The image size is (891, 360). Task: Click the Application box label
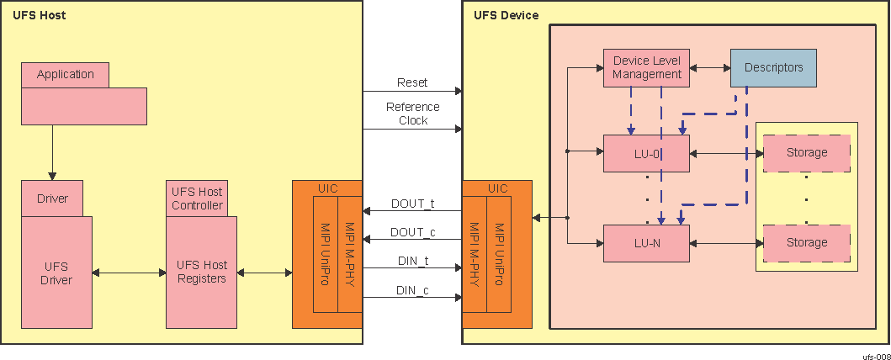click(x=66, y=74)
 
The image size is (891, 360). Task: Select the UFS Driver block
click(x=56, y=273)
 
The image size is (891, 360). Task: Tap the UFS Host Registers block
click(x=201, y=273)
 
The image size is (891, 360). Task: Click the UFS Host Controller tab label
click(x=197, y=199)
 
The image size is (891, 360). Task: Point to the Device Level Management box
click(x=646, y=67)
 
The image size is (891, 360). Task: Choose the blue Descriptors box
click(x=773, y=67)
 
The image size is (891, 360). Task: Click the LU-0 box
click(x=646, y=153)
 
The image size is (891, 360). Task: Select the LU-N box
click(x=646, y=243)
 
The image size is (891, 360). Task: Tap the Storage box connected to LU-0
click(x=806, y=153)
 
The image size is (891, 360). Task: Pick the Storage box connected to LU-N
click(x=806, y=243)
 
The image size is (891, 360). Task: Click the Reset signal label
click(x=412, y=82)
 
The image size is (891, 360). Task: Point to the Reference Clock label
click(x=412, y=114)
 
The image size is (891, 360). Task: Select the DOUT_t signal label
click(x=412, y=203)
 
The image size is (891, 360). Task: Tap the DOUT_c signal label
click(x=412, y=232)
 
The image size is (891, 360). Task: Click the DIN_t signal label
click(x=412, y=262)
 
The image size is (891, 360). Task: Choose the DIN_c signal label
click(x=412, y=291)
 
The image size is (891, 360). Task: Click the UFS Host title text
click(x=40, y=15)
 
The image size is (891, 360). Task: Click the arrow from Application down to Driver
click(x=52, y=151)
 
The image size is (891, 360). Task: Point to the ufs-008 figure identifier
click(x=876, y=356)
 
